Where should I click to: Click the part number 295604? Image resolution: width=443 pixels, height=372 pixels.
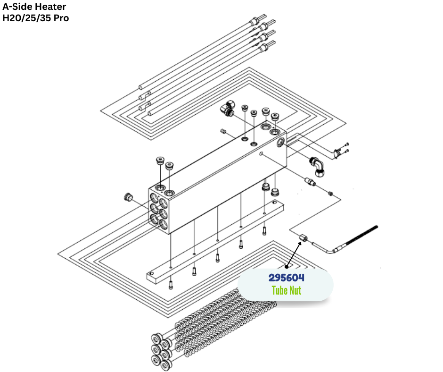coord(286,278)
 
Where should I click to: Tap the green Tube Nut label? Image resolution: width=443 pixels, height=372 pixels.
coord(286,290)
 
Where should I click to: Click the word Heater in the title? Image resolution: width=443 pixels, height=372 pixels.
coord(49,7)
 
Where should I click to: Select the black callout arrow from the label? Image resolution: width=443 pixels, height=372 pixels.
coord(293,255)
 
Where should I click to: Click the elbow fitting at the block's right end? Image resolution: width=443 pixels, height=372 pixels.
coord(317,166)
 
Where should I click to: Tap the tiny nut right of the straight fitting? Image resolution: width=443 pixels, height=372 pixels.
coord(331,193)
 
